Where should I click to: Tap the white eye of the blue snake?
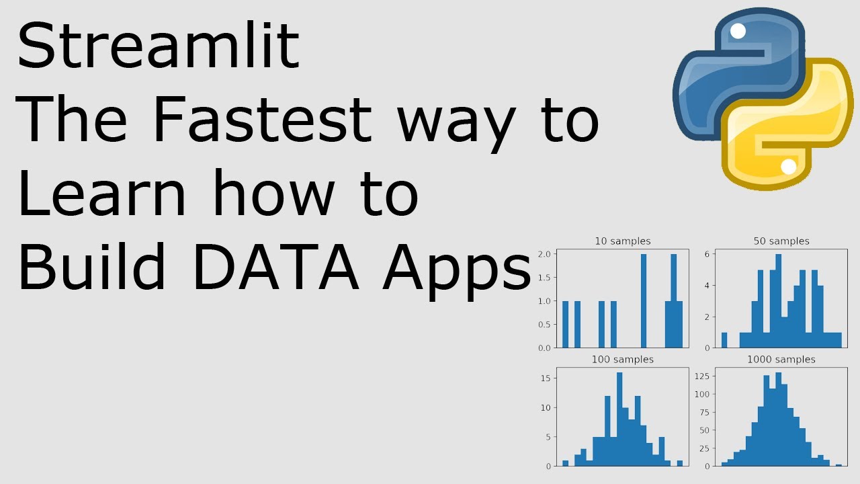click(738, 31)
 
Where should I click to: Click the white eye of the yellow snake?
click(789, 166)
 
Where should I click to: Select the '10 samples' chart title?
click(623, 241)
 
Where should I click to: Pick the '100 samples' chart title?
click(622, 360)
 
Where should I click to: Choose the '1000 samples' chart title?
click(781, 360)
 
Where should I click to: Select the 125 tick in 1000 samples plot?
click(702, 376)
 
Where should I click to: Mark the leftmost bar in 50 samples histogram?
click(724, 340)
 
